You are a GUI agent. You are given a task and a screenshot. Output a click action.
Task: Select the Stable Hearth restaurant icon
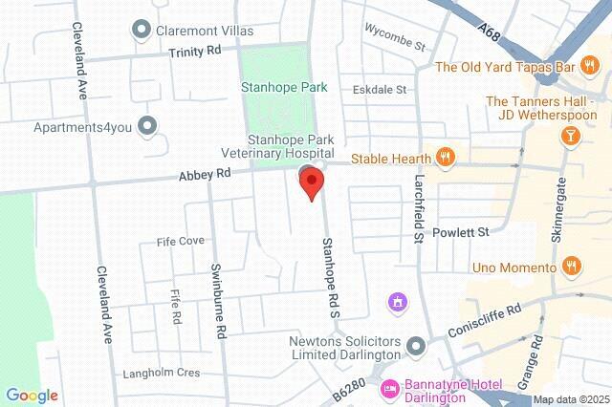pyautogui.click(x=444, y=156)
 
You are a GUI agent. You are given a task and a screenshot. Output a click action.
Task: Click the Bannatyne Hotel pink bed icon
pyautogui.click(x=389, y=389)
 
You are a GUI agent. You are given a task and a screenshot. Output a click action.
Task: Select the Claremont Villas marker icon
pyautogui.click(x=142, y=31)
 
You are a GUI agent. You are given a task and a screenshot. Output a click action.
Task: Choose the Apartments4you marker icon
pyautogui.click(x=146, y=125)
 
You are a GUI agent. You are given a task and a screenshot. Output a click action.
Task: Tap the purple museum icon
pyautogui.click(x=396, y=303)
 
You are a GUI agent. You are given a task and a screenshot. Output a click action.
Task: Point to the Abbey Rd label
pyautogui.click(x=204, y=175)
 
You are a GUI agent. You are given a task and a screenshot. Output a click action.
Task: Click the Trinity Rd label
pyautogui.click(x=194, y=52)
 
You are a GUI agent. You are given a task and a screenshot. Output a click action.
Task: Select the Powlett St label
pyautogui.click(x=462, y=232)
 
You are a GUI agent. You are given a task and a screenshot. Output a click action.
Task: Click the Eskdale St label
pyautogui.click(x=380, y=90)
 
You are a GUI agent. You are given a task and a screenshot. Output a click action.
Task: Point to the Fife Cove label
pyautogui.click(x=180, y=242)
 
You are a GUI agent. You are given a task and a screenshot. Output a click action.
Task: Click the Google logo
pyautogui.click(x=32, y=395)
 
